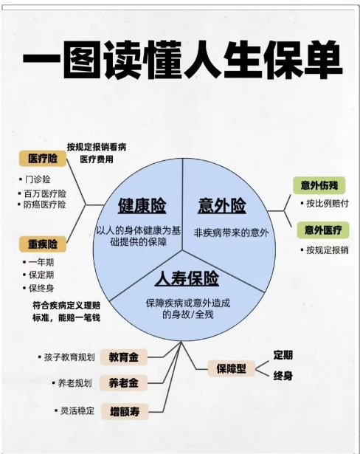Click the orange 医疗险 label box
coord(43,159)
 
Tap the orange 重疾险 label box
coord(43,244)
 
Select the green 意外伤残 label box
coord(319,185)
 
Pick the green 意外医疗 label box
coord(323,230)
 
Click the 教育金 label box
coord(124,357)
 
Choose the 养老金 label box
coord(124,383)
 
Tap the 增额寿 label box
coord(125,411)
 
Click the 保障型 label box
coord(231,368)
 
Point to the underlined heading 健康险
coord(142,205)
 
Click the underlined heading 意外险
coord(222,205)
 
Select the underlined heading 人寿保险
coord(187,278)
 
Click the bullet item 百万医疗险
coord(45,193)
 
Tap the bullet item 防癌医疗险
coord(44,204)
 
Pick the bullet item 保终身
coord(41,288)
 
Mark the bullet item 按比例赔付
coord(328,203)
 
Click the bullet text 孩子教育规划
coord(69,357)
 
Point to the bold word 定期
coord(283,354)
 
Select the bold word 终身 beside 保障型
coord(283,376)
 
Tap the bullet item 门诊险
coord(38,179)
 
